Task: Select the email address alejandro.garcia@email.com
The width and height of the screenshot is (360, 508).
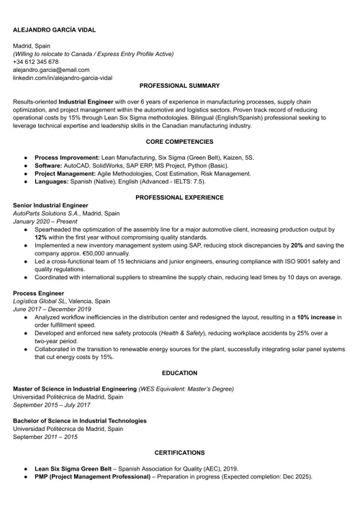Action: pyautogui.click(x=51, y=70)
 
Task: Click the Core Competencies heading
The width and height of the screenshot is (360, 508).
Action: pyautogui.click(x=179, y=142)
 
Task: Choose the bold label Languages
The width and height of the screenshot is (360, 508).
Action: pyautogui.click(x=55, y=182)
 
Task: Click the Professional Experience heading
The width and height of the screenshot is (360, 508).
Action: pyautogui.click(x=179, y=197)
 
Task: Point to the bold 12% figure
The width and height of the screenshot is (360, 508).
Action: pyautogui.click(x=41, y=237)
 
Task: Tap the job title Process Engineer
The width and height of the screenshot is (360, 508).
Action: pyautogui.click(x=38, y=294)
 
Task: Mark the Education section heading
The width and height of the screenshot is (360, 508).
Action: pyautogui.click(x=179, y=374)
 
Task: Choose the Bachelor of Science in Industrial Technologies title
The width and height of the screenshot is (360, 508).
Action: pyautogui.click(x=80, y=420)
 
